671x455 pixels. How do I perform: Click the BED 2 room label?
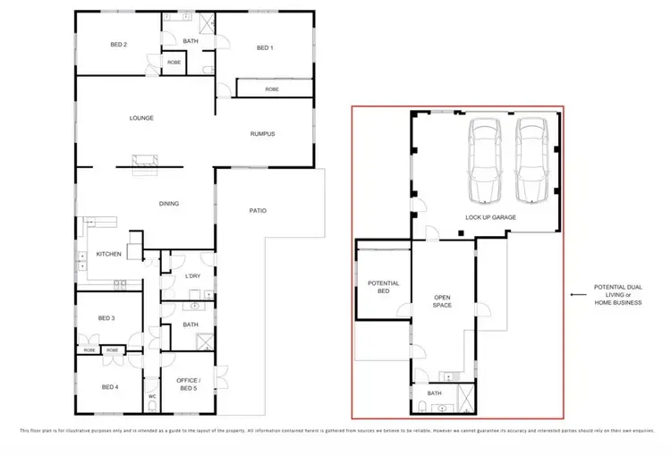click(x=119, y=45)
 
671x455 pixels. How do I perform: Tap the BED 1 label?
click(x=263, y=48)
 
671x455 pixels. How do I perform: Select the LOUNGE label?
click(x=141, y=118)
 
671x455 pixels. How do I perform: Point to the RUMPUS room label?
click(x=262, y=134)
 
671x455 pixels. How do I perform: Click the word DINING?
click(x=169, y=204)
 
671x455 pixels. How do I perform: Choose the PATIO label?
click(x=258, y=211)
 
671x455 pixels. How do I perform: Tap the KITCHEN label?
click(x=109, y=254)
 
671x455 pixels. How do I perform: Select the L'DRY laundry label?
click(x=192, y=275)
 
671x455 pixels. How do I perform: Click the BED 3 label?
click(x=106, y=318)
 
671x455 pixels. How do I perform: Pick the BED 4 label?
click(x=109, y=387)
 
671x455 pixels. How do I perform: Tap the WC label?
click(x=152, y=396)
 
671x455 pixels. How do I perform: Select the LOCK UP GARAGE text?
click(x=490, y=217)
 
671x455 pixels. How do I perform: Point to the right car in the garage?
click(x=532, y=162)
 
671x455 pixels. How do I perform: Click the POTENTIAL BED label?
click(x=383, y=288)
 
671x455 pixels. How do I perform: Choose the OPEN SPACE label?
click(x=442, y=302)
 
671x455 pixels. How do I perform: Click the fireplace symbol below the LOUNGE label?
click(x=144, y=164)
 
